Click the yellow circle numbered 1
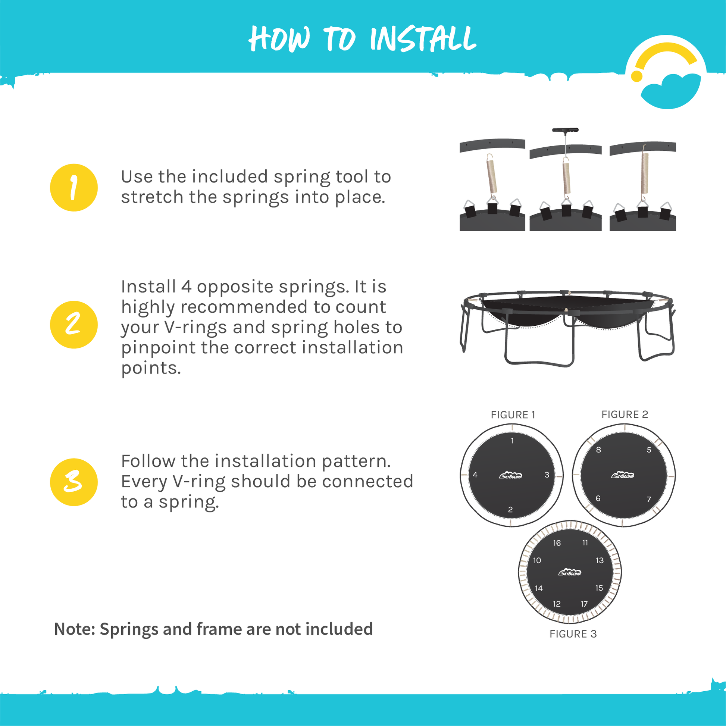click(x=73, y=188)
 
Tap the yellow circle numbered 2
click(x=73, y=325)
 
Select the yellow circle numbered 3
click(x=73, y=482)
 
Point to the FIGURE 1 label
click(x=513, y=415)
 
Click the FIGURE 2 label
click(x=625, y=414)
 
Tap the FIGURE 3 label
click(x=573, y=634)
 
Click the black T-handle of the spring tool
click(x=565, y=130)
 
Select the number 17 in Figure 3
click(x=584, y=604)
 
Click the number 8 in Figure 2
click(x=599, y=450)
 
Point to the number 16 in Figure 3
click(x=557, y=543)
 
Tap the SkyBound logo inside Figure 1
click(x=511, y=476)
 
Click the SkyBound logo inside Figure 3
click(x=570, y=572)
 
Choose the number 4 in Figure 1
click(x=475, y=475)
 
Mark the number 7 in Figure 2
click(x=649, y=500)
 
